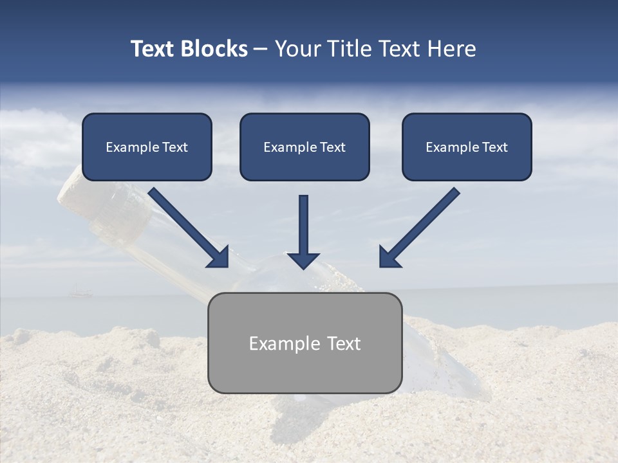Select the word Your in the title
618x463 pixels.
(297, 49)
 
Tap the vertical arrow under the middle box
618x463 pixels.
(304, 225)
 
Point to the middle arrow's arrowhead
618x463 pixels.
(304, 260)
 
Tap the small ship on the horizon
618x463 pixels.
(78, 294)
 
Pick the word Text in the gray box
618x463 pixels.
(343, 343)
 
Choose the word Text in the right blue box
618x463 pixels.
(495, 147)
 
